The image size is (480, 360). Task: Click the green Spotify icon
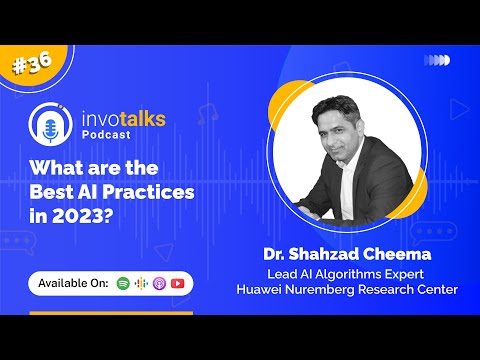coord(123,283)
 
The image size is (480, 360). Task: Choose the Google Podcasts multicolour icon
coord(141,283)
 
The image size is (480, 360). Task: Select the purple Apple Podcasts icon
coord(159,283)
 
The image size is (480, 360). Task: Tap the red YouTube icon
coord(177,283)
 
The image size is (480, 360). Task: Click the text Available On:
coord(73,283)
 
